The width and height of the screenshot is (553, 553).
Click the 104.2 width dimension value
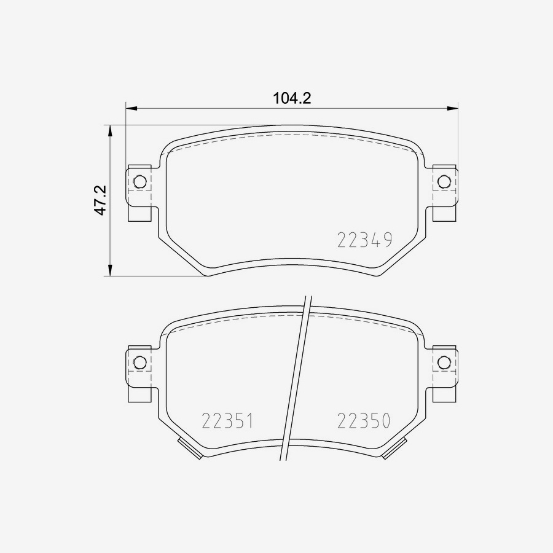[x=292, y=98]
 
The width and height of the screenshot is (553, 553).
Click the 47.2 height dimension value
[x=101, y=200]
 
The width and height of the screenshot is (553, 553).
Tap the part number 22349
[x=364, y=240]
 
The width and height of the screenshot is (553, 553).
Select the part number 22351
[x=227, y=421]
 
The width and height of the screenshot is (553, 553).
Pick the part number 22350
[x=364, y=421]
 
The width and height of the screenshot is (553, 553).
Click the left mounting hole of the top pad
[x=139, y=182]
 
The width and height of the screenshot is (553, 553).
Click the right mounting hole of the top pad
[x=444, y=182]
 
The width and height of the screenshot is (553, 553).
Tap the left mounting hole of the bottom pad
[x=139, y=363]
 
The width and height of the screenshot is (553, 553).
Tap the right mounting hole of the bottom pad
[x=444, y=363]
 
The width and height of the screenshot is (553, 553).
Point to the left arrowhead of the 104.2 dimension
[x=131, y=108]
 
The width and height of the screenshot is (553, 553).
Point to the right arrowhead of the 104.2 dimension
[x=452, y=108]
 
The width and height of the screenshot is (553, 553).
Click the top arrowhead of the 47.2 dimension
[x=110, y=131]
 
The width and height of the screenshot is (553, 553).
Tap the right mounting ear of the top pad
[x=444, y=192]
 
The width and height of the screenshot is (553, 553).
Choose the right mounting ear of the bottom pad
[x=444, y=373]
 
